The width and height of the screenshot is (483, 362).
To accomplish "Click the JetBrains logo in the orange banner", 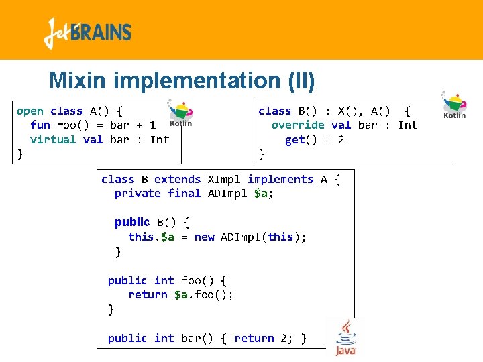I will [x=87, y=33].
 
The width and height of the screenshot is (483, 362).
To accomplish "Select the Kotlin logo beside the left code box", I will [x=180, y=113].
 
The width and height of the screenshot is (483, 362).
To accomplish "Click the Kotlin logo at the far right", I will [x=454, y=105].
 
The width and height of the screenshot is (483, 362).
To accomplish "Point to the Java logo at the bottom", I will [x=345, y=337].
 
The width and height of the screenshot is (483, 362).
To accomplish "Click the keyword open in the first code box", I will [x=30, y=111].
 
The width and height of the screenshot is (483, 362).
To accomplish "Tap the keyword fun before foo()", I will [x=40, y=125].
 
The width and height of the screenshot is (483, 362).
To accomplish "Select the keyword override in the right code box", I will [x=298, y=125].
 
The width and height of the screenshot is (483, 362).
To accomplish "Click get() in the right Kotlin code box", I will [x=299, y=139].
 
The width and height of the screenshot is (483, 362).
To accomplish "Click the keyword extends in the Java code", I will [x=177, y=180].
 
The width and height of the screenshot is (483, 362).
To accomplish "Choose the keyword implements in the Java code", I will [x=280, y=180].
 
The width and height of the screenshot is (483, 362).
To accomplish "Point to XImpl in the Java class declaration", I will [x=224, y=180].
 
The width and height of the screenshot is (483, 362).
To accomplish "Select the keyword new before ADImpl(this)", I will [x=204, y=237].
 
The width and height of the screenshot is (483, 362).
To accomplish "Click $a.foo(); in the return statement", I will [x=204, y=295].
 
